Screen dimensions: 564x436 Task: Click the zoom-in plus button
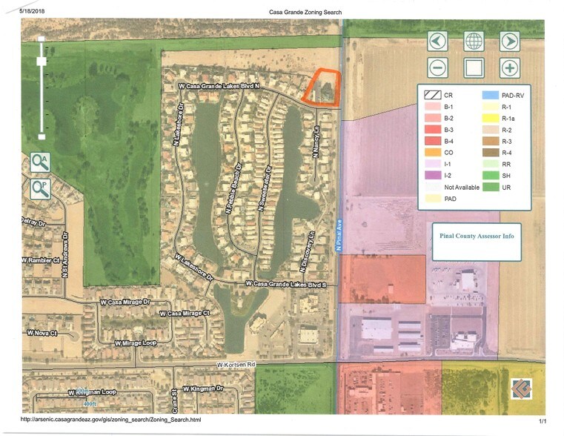[509, 67]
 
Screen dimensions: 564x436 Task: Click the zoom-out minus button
[438, 67]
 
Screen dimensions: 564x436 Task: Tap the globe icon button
[474, 42]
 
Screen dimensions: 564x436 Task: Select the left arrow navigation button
[438, 42]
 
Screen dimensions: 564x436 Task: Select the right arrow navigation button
[509, 42]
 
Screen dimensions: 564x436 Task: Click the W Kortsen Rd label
[236, 365]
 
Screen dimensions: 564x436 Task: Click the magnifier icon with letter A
[40, 162]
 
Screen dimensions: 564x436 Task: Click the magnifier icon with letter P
[40, 188]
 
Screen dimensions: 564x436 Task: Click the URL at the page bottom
[112, 420]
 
